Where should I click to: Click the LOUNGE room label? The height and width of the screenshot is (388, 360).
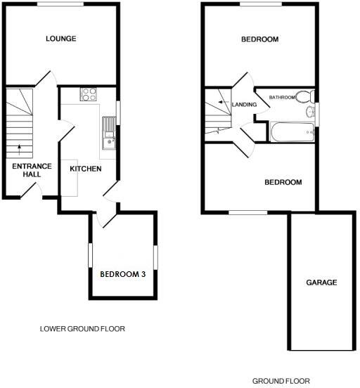[60, 38]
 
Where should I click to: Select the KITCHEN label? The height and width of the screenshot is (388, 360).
[86, 169]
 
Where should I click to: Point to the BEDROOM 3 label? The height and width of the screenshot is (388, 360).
[122, 274]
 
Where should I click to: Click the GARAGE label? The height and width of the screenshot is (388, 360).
[321, 283]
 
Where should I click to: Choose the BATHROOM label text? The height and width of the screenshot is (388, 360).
[281, 98]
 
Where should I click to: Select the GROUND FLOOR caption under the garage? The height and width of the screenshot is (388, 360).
[281, 381]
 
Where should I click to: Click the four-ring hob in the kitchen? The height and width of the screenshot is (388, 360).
[89, 93]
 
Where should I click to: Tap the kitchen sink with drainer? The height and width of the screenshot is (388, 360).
[108, 134]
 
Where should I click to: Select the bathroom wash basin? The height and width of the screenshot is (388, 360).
[310, 112]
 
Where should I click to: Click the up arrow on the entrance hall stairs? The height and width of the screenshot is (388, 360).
[18, 148]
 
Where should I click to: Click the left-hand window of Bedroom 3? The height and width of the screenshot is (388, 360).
[89, 255]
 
